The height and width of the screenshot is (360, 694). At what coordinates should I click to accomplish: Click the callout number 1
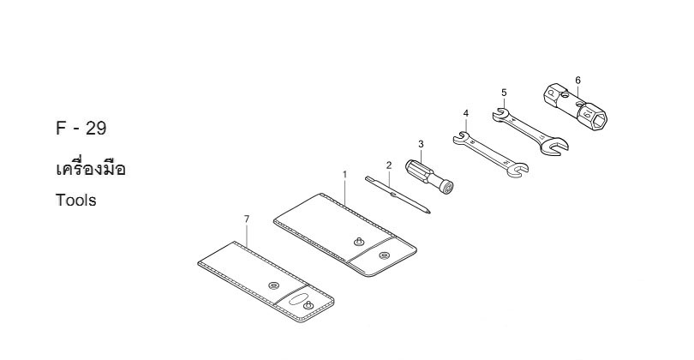pos(344,175)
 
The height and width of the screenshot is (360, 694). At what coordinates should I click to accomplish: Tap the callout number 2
pos(389,165)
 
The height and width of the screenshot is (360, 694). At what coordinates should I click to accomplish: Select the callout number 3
pos(421,144)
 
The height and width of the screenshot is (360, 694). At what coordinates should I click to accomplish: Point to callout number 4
pos(465,114)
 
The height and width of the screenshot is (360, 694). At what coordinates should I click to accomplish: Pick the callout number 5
pos(504,93)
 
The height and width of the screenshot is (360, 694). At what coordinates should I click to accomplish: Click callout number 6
pos(577,81)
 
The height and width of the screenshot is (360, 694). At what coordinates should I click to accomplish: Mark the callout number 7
pos(247,219)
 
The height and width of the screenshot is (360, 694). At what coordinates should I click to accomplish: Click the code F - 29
pos(81,129)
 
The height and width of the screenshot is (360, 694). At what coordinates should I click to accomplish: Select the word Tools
pos(75,201)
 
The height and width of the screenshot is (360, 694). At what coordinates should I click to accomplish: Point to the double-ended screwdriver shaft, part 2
pos(398,195)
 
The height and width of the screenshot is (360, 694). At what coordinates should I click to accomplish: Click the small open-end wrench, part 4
pos(490,154)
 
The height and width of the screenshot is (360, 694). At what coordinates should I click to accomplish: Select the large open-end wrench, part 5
pos(529,131)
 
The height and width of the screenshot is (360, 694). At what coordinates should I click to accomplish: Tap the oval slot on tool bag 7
pos(297,299)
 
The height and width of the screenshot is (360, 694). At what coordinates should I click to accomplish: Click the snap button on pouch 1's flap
pos(384,255)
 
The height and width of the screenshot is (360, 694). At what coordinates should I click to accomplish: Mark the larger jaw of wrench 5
pos(554,145)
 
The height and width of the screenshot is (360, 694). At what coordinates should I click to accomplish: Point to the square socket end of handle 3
pos(446,186)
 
